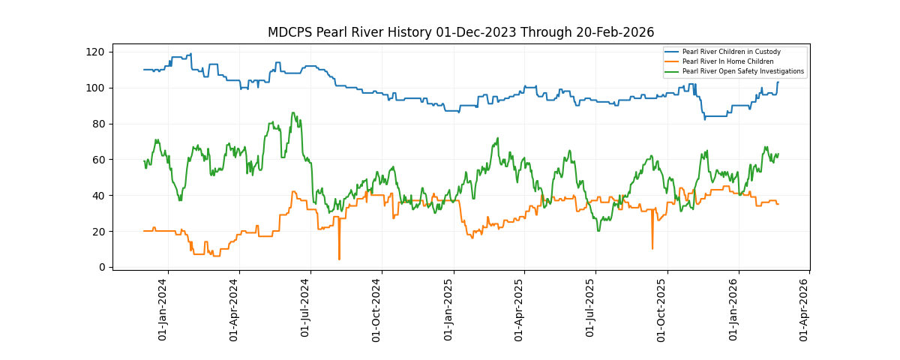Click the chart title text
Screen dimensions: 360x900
tap(460, 32)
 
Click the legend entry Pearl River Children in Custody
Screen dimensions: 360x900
tap(731, 52)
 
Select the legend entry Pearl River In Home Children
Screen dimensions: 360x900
tap(727, 61)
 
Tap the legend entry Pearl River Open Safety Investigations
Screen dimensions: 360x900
tap(742, 71)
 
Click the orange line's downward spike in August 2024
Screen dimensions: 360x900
tap(339, 259)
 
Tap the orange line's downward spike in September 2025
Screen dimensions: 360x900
tap(652, 247)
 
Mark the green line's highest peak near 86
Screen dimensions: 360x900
tap(292, 113)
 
